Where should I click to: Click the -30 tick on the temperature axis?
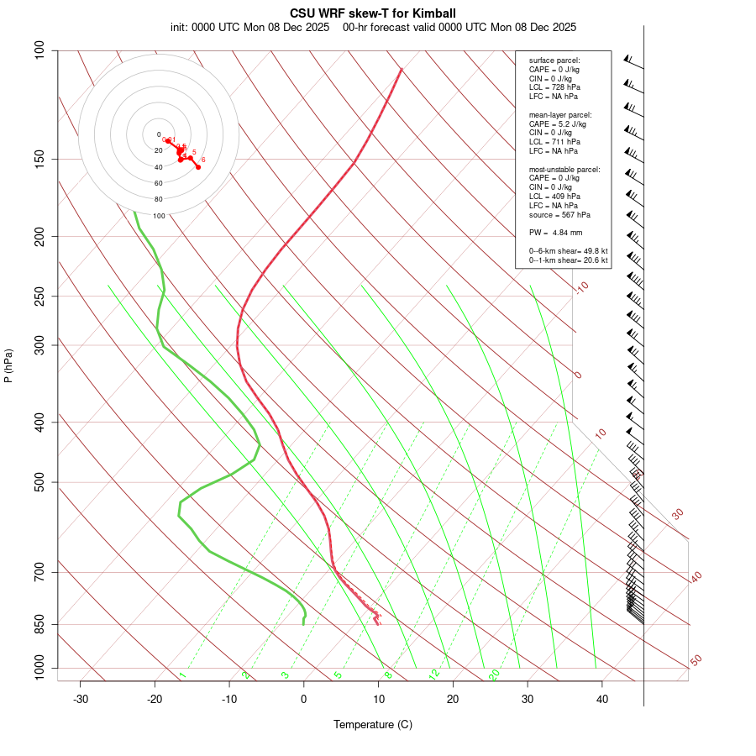tap(81, 699)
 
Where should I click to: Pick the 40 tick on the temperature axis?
tap(602, 699)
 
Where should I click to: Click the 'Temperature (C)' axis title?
tap(373, 724)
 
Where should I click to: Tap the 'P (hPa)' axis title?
tap(8, 365)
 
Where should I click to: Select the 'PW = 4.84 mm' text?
tap(555, 233)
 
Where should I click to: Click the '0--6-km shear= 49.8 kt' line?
tap(568, 251)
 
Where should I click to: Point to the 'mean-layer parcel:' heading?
tap(560, 114)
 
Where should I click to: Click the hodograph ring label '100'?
tap(158, 216)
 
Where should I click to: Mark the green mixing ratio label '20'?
tap(494, 674)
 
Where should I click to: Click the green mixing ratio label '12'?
tap(434, 674)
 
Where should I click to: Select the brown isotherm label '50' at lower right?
tap(696, 661)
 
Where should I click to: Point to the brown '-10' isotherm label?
tap(581, 287)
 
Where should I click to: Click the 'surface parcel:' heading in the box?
tap(554, 60)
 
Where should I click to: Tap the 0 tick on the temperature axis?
tap(304, 699)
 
